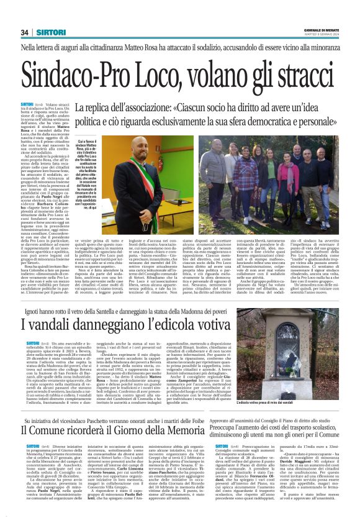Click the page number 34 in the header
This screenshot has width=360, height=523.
[x=25, y=32]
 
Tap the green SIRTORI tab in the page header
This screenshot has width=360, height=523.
[x=46, y=32]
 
